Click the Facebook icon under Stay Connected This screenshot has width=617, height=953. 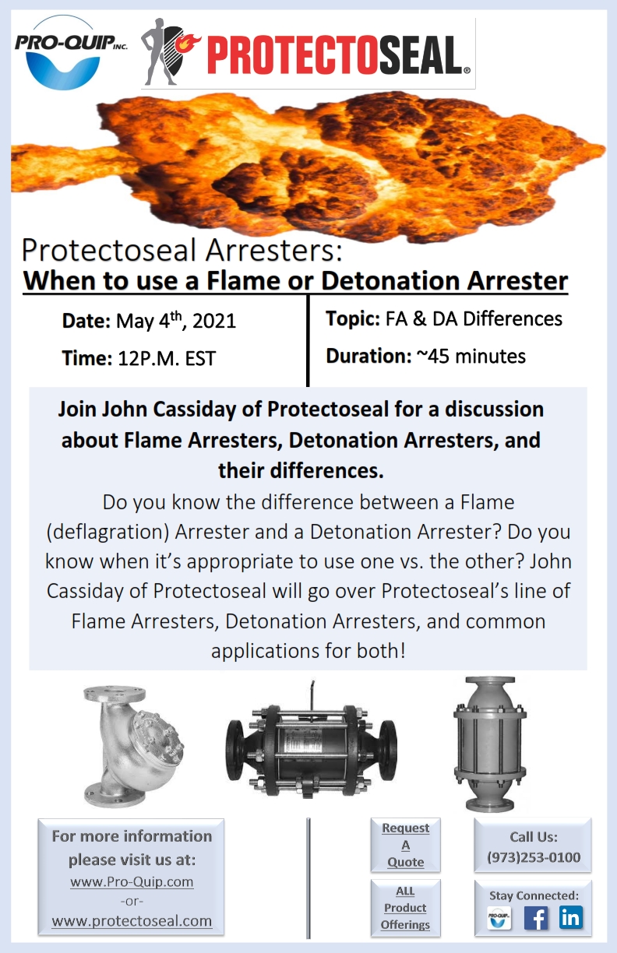point(536,918)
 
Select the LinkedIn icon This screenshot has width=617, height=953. point(571,917)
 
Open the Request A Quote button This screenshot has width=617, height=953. point(405,845)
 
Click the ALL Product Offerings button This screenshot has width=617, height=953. point(405,908)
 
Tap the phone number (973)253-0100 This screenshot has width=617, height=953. point(534,857)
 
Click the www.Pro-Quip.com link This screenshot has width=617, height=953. point(132,881)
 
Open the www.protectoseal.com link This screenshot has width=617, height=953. point(132,920)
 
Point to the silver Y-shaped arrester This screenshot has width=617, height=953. point(133,747)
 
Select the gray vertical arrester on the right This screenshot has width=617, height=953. point(490,744)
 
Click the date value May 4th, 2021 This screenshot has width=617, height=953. point(176,320)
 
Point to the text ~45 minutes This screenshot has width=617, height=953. point(471,356)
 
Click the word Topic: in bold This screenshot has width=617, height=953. point(353,318)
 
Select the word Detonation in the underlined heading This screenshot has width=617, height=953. point(390,281)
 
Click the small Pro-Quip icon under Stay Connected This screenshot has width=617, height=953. point(499,918)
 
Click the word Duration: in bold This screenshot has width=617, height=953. point(368,356)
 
